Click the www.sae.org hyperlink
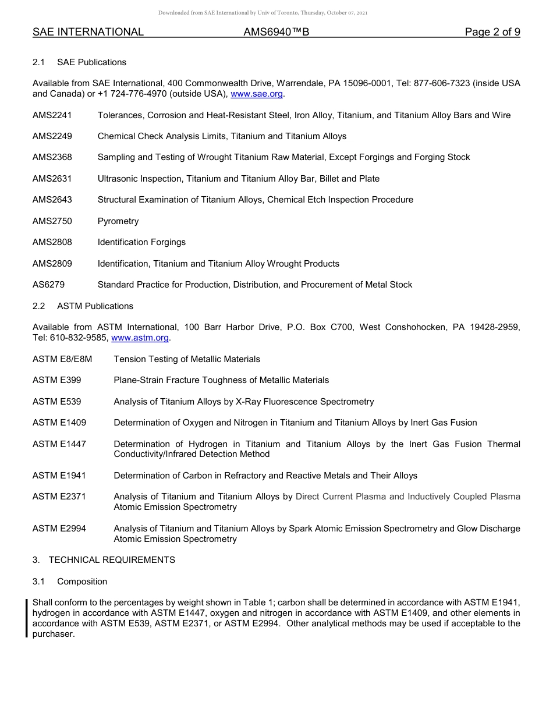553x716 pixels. tap(257, 94)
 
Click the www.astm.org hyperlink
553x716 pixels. tap(140, 338)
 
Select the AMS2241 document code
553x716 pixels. tap(52, 115)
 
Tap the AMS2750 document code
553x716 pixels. tap(52, 221)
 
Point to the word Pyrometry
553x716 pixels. tap(118, 221)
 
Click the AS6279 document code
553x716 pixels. tap(49, 285)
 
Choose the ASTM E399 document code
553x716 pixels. tap(57, 380)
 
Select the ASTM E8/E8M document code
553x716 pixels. tap(62, 359)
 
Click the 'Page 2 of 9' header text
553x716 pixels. tap(492, 32)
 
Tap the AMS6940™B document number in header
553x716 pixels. tap(276, 32)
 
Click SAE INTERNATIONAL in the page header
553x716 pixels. tap(88, 32)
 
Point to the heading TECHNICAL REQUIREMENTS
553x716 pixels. tap(112, 560)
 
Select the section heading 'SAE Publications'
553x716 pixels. tap(91, 62)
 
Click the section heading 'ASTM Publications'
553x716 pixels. tap(95, 306)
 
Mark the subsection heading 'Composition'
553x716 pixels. tap(82, 582)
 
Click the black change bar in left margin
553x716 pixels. tap(27, 618)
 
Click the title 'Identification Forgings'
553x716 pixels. tap(141, 242)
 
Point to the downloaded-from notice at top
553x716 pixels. tap(263, 13)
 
